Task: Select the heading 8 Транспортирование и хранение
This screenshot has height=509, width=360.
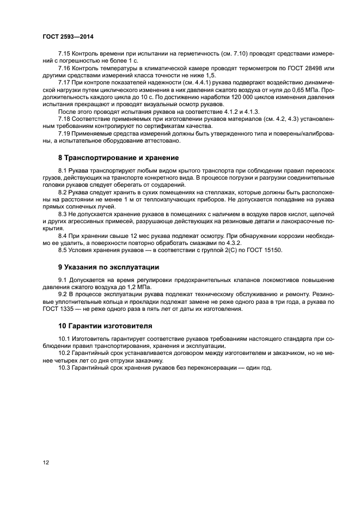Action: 118,158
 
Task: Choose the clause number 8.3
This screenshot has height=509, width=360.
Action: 63,214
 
